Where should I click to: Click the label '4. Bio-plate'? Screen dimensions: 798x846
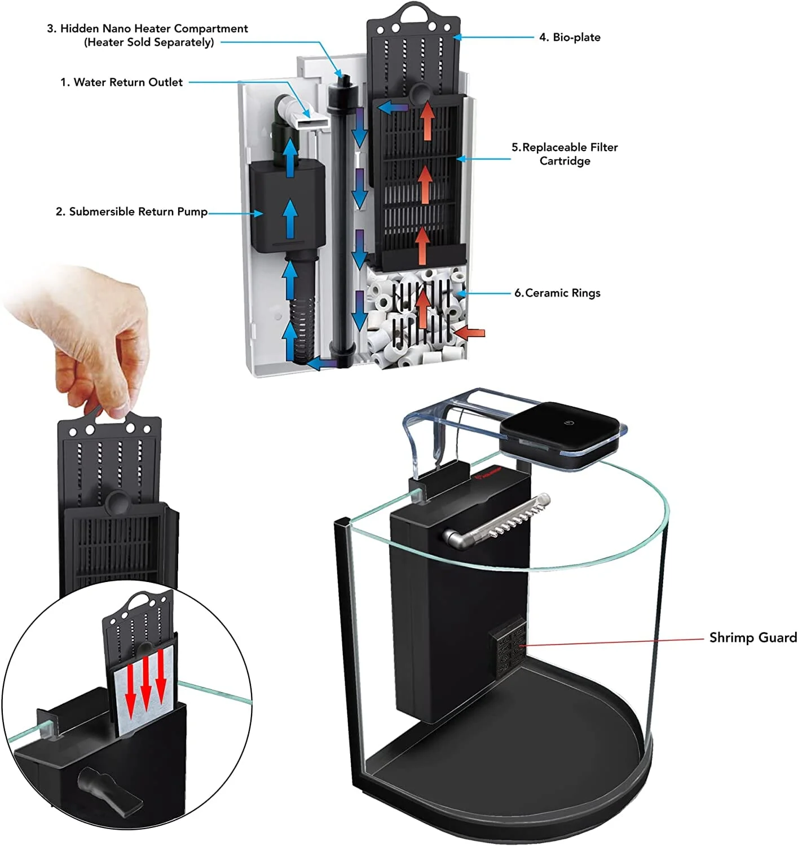(x=570, y=37)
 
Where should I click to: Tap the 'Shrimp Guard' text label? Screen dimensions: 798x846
(x=753, y=637)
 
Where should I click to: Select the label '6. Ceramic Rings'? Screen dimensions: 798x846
(x=557, y=293)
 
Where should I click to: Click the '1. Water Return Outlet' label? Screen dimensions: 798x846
(x=121, y=82)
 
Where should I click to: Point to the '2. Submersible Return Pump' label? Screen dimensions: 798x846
(x=131, y=211)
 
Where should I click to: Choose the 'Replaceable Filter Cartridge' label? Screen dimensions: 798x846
(x=565, y=154)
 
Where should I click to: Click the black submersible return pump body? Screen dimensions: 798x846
(x=288, y=206)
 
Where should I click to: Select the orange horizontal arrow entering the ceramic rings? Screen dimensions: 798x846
(x=470, y=333)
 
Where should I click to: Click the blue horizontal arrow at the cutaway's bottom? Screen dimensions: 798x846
(x=323, y=363)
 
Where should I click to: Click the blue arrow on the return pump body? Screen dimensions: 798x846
(x=290, y=219)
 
